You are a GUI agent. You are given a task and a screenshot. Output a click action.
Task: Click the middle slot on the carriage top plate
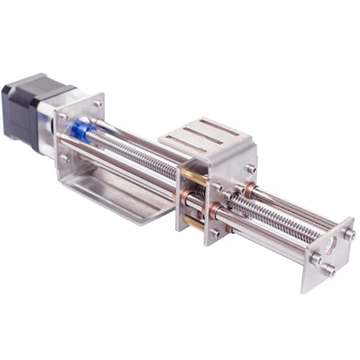[x=204, y=135]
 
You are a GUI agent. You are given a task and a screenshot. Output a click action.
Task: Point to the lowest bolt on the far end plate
[x=329, y=270]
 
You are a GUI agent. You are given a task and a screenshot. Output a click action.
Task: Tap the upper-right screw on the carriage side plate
[x=251, y=169]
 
